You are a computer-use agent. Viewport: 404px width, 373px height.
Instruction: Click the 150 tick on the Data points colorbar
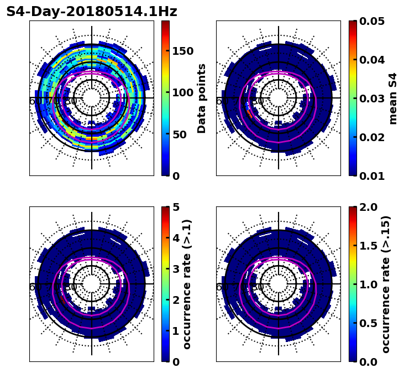[x=182, y=51]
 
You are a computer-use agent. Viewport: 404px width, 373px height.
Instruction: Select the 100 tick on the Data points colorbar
[x=182, y=92]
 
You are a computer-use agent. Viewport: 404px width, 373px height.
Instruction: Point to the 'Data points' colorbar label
[x=202, y=98]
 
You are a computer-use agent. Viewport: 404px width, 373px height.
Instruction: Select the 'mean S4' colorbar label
[x=393, y=98]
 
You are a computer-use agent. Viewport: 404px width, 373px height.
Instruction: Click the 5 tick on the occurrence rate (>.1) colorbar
[x=176, y=207]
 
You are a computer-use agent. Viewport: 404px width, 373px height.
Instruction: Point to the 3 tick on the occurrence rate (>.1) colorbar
[x=176, y=269]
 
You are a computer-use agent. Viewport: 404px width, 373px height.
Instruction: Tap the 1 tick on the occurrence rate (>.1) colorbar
[x=176, y=331]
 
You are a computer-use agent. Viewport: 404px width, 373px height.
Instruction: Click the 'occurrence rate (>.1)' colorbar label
[x=187, y=284]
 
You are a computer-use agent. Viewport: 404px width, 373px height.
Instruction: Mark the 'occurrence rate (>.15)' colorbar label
[x=386, y=284]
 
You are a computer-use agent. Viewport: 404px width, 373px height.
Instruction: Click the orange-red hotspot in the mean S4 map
[x=250, y=114]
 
